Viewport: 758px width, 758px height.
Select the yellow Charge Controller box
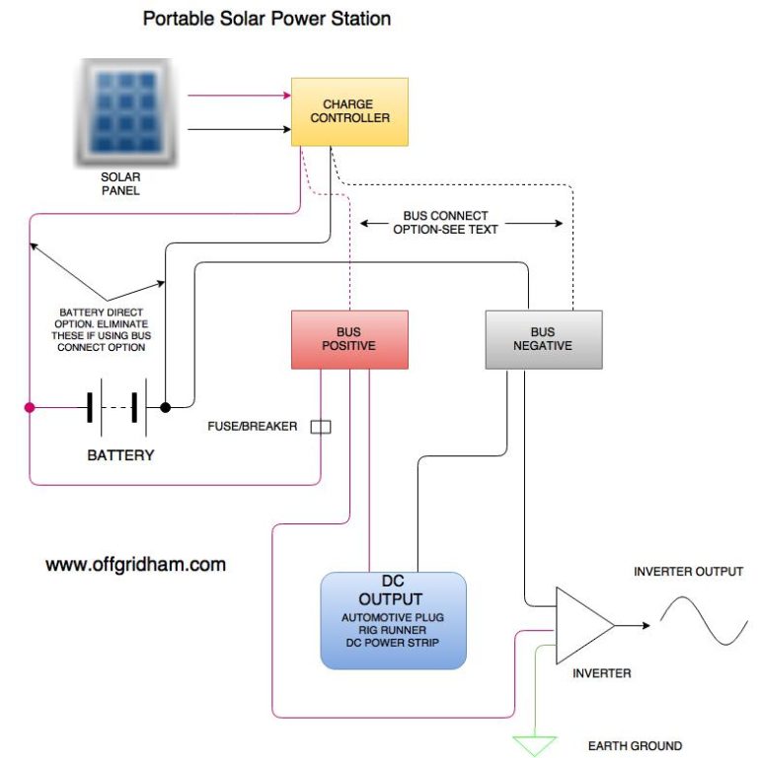click(349, 111)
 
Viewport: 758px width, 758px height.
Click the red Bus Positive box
click(348, 339)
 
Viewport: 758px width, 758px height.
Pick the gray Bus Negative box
click(543, 339)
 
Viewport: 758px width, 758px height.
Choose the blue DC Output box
click(393, 620)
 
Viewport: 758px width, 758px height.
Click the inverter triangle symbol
click(582, 626)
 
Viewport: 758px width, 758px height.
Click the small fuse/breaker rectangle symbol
click(321, 427)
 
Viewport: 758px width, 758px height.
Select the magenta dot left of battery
click(30, 406)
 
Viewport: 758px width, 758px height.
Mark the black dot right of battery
click(165, 406)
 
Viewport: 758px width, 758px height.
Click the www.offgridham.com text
click(136, 565)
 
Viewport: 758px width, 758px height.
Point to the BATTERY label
click(120, 456)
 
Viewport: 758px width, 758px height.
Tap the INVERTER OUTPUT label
click(688, 572)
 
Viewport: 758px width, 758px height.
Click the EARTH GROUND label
click(635, 746)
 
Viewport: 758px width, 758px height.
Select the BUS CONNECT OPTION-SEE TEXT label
click(445, 222)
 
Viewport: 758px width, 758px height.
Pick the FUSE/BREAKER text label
click(253, 427)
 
